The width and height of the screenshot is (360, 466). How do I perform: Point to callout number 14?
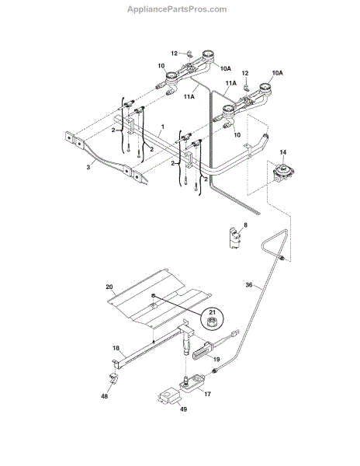(x=282, y=154)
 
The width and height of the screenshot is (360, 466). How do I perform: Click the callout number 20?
(x=109, y=285)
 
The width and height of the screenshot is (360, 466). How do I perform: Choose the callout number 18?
(x=116, y=349)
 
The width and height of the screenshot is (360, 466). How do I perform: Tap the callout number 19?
(x=216, y=360)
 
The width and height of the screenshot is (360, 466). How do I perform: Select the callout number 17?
(x=207, y=394)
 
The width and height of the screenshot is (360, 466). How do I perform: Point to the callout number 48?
(x=104, y=397)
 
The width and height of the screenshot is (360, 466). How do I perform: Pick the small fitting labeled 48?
(x=114, y=379)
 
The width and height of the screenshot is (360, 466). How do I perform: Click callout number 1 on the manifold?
(x=162, y=126)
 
